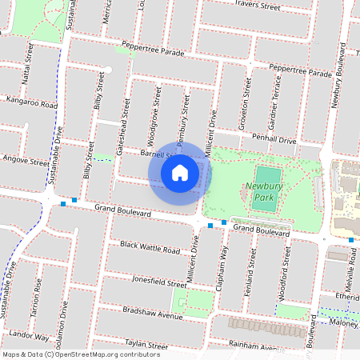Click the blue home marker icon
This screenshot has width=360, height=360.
click(x=180, y=172)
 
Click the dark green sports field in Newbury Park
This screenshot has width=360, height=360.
click(x=266, y=189)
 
